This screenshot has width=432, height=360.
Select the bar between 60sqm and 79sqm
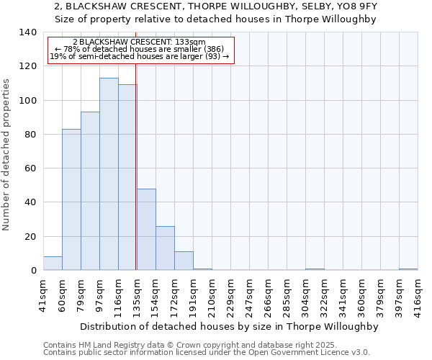tap(71, 199)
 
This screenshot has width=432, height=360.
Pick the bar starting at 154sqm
tap(165, 248)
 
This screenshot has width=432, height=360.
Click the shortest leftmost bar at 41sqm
tap(53, 264)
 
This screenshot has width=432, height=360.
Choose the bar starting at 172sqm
tap(184, 261)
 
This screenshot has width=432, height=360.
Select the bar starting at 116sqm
tap(127, 178)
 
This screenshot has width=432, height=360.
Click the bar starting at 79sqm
tap(90, 191)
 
